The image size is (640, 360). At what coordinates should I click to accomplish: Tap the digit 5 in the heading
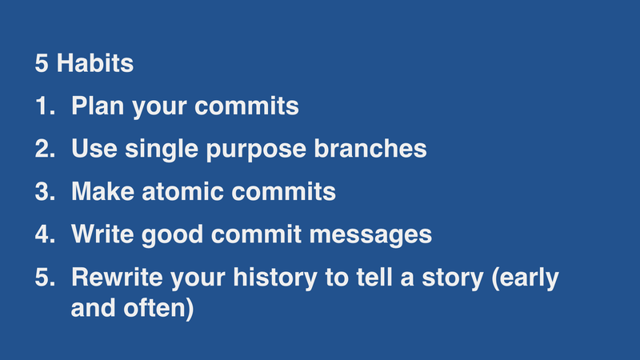click(42, 64)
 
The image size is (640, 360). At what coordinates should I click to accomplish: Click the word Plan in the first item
click(98, 106)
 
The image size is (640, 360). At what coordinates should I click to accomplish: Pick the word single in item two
click(159, 150)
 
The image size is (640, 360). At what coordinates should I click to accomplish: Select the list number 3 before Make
click(43, 193)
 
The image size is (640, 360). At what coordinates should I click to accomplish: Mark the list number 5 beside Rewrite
click(43, 278)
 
